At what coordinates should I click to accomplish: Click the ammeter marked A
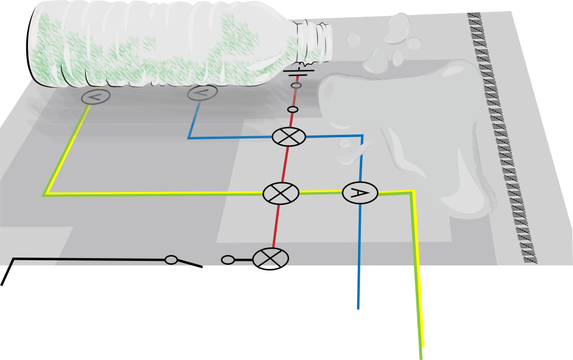[360, 193]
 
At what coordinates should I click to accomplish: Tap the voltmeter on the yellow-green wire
[96, 96]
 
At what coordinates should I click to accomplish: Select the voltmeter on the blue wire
[203, 93]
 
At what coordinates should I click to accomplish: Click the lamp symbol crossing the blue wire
[289, 137]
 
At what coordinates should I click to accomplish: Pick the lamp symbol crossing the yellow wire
[281, 193]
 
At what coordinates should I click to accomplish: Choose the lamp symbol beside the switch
[271, 259]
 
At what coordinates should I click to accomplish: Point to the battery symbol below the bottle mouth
[298, 73]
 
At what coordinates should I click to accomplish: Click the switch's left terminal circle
[171, 260]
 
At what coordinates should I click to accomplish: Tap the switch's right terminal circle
[228, 260]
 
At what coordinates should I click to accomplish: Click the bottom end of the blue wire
[358, 307]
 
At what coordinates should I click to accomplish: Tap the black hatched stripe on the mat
[501, 140]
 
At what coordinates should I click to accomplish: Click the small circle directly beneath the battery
[297, 85]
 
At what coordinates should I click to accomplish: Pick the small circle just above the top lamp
[293, 109]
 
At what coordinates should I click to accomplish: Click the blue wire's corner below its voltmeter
[189, 137]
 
